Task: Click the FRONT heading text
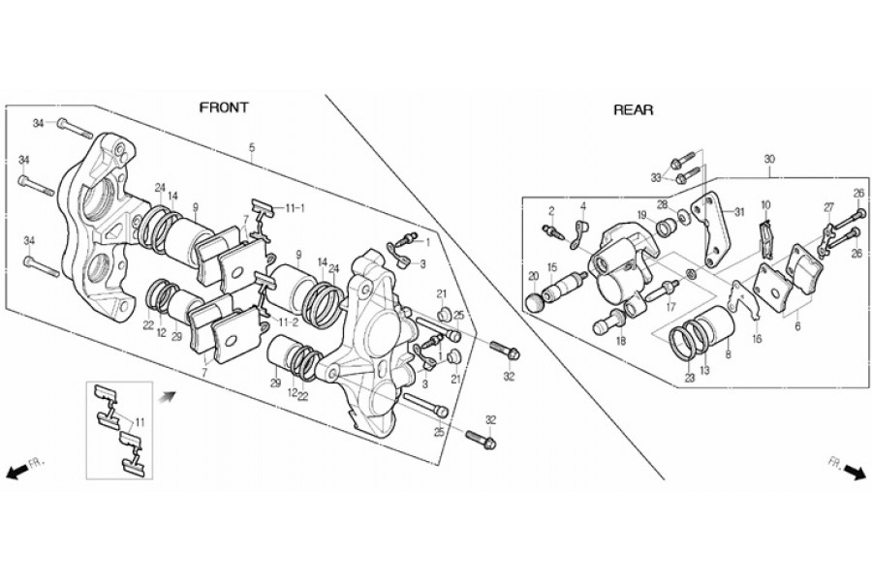pos(224,107)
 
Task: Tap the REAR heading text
pos(634,110)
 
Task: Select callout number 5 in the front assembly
pos(252,148)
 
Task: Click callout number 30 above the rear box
pos(769,159)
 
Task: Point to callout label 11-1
pos(296,208)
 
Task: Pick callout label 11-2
pos(288,321)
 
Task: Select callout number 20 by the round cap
pos(533,276)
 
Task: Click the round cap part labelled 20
pos(535,303)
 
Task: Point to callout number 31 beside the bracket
pos(739,212)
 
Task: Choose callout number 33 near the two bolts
pos(657,177)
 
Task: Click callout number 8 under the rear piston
pos(728,353)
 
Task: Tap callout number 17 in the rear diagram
pos(671,306)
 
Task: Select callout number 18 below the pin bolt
pos(621,342)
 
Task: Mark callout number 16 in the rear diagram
pos(758,339)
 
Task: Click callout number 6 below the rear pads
pos(797,327)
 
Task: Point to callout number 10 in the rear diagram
pos(765,205)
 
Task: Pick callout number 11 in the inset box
pos(140,422)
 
